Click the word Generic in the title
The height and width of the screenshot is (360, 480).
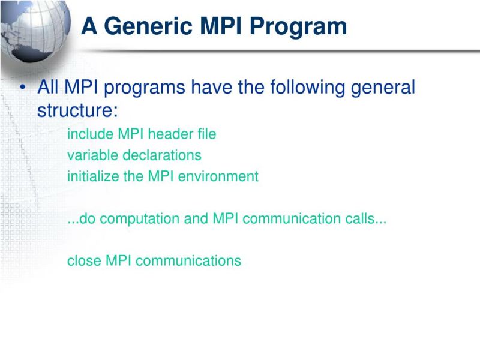[151, 26]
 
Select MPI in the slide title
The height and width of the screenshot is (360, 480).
[224, 26]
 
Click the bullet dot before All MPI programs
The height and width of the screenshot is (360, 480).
[22, 88]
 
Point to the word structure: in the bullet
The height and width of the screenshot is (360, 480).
[77, 111]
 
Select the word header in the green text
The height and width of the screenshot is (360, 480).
[171, 134]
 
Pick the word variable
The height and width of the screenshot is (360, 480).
[93, 155]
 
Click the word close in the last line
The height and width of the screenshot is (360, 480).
[84, 261]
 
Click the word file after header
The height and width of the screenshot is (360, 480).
[206, 134]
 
